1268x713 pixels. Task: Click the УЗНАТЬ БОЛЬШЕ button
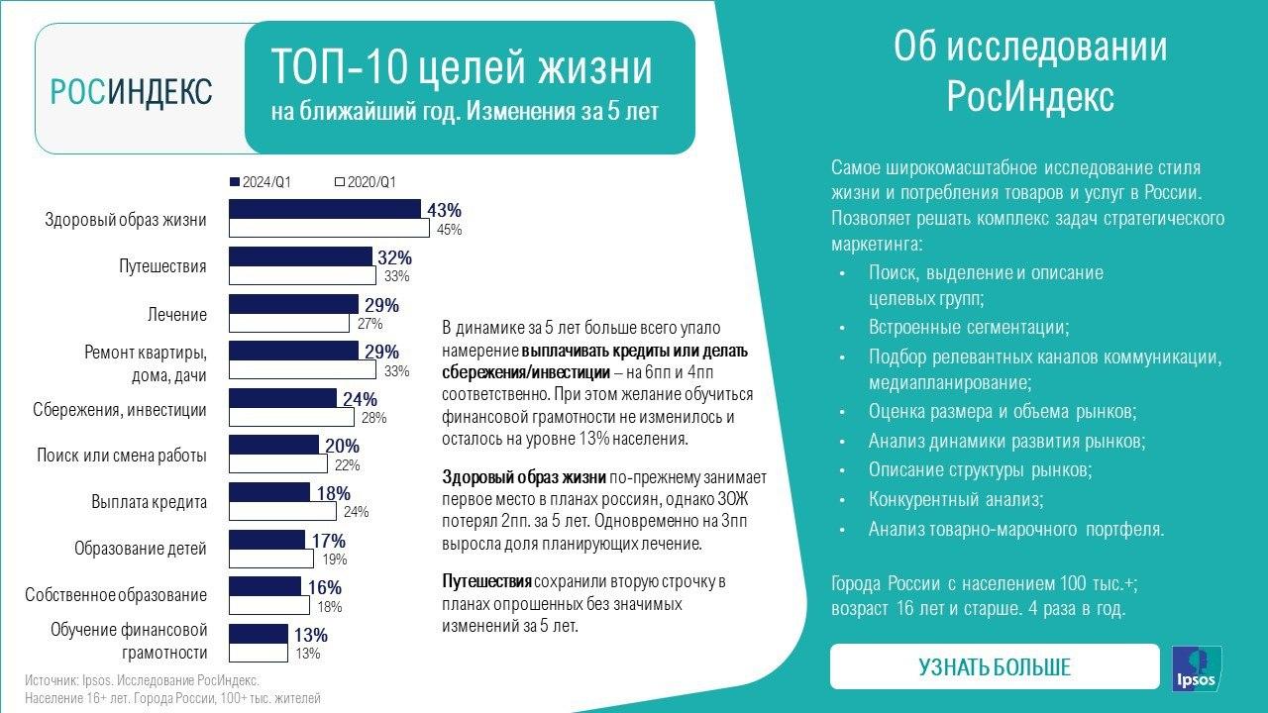coord(994,666)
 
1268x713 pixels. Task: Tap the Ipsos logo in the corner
coord(1197,667)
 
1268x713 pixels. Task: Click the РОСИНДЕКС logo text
coord(132,92)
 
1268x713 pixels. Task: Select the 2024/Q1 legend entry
coord(266,182)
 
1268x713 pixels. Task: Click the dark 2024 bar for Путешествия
coord(300,256)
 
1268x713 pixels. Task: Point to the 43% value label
coord(444,211)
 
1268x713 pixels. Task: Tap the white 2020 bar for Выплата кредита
coord(282,511)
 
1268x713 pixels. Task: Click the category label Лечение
coord(177,315)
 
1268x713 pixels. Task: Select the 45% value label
coord(449,230)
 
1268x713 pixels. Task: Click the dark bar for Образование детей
coord(266,540)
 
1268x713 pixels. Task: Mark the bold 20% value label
coord(342,446)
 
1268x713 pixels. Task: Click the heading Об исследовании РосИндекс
coord(1030,72)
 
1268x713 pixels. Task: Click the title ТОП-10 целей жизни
coord(462,69)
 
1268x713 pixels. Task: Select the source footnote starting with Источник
coord(142,681)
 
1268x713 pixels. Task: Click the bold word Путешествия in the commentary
coord(486,580)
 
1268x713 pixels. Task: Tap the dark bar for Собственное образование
coord(264,586)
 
